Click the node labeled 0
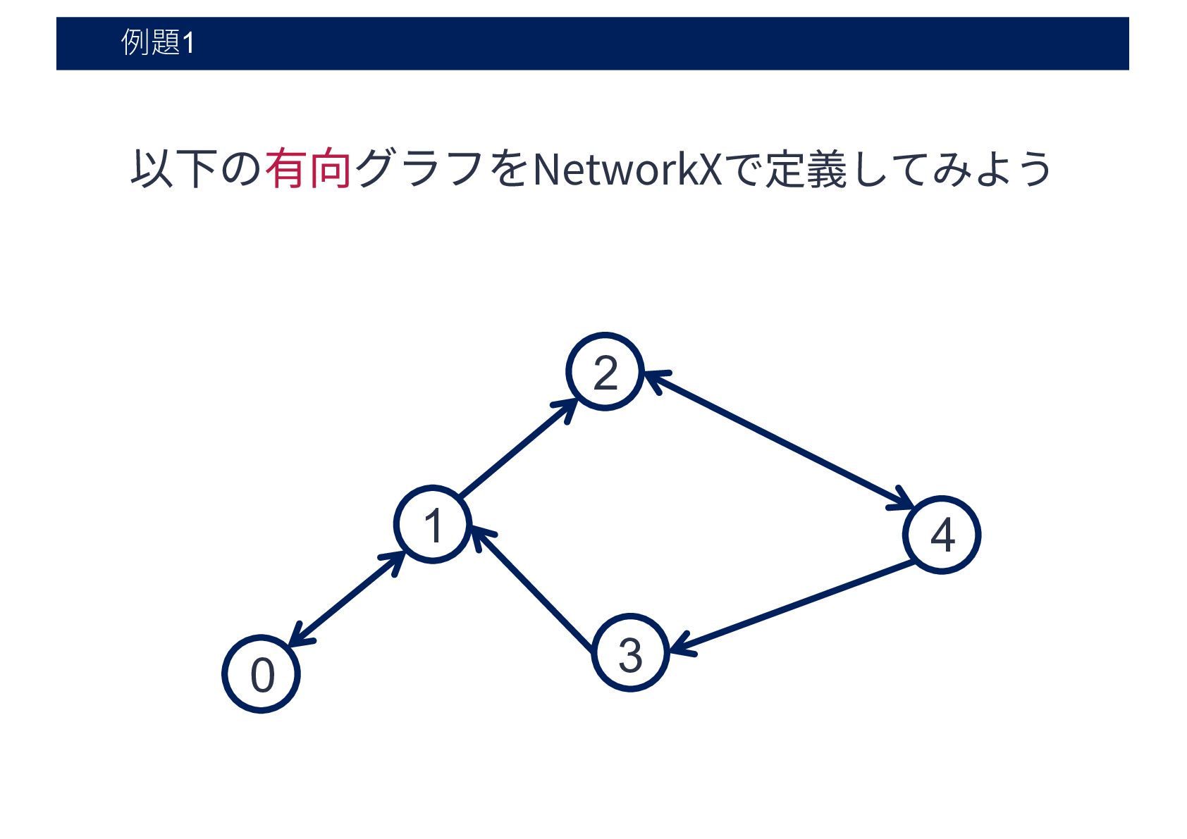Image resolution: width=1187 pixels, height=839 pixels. tap(262, 674)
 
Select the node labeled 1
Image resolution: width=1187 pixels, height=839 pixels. tap(432, 524)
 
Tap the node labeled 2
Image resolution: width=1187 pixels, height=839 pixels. tap(605, 371)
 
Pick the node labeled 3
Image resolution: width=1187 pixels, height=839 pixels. tap(630, 653)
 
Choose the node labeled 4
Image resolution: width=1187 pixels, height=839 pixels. tap(942, 535)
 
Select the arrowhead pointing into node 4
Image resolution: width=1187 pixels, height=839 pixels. tap(904, 501)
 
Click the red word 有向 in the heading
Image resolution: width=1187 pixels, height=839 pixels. tap(308, 169)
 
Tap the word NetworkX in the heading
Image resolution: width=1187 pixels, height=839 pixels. tap(627, 169)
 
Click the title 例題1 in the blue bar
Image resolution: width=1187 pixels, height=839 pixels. tap(158, 42)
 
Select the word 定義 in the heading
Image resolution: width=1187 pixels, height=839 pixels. tap(806, 169)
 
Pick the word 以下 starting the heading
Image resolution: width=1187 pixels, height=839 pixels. tap(173, 169)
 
